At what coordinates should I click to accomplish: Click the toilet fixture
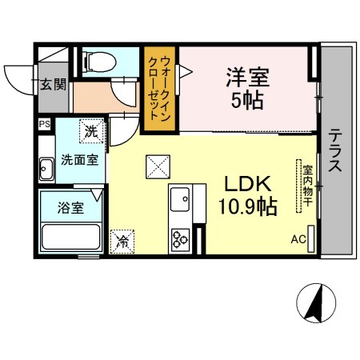(x=99, y=62)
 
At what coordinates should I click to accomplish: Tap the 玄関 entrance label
(x=53, y=84)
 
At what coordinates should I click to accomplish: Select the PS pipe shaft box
(x=45, y=124)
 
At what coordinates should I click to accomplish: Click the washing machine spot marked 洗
(x=91, y=131)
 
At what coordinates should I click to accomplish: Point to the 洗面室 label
(x=80, y=160)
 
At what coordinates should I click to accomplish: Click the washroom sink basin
(x=46, y=169)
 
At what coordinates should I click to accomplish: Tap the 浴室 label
(x=70, y=208)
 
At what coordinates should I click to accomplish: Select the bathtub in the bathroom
(x=71, y=237)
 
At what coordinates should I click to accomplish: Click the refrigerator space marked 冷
(x=122, y=242)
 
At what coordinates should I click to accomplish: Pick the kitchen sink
(x=180, y=199)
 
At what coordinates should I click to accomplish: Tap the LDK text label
(x=248, y=184)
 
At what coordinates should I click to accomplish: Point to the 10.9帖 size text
(x=248, y=206)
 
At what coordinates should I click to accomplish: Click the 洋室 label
(x=248, y=78)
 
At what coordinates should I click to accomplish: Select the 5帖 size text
(x=247, y=101)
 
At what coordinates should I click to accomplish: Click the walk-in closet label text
(x=159, y=89)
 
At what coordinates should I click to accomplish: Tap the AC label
(x=298, y=239)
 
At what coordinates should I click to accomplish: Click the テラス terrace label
(x=335, y=150)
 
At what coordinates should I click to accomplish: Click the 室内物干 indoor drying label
(x=307, y=186)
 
